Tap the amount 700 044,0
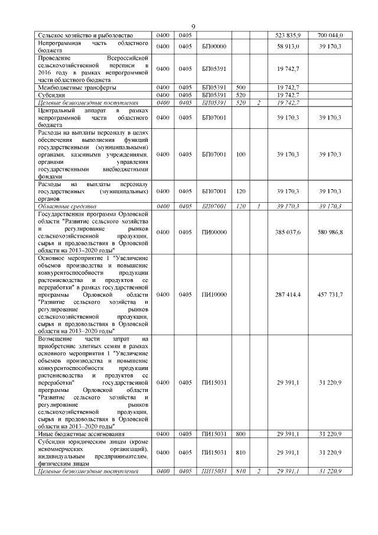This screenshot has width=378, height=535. [330, 35]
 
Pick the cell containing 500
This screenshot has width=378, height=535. [240, 87]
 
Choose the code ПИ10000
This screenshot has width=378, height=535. [214, 294]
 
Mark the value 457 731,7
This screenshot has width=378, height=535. [330, 294]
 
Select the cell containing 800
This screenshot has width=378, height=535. [240, 434]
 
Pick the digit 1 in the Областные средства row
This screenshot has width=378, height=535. [258, 206]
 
